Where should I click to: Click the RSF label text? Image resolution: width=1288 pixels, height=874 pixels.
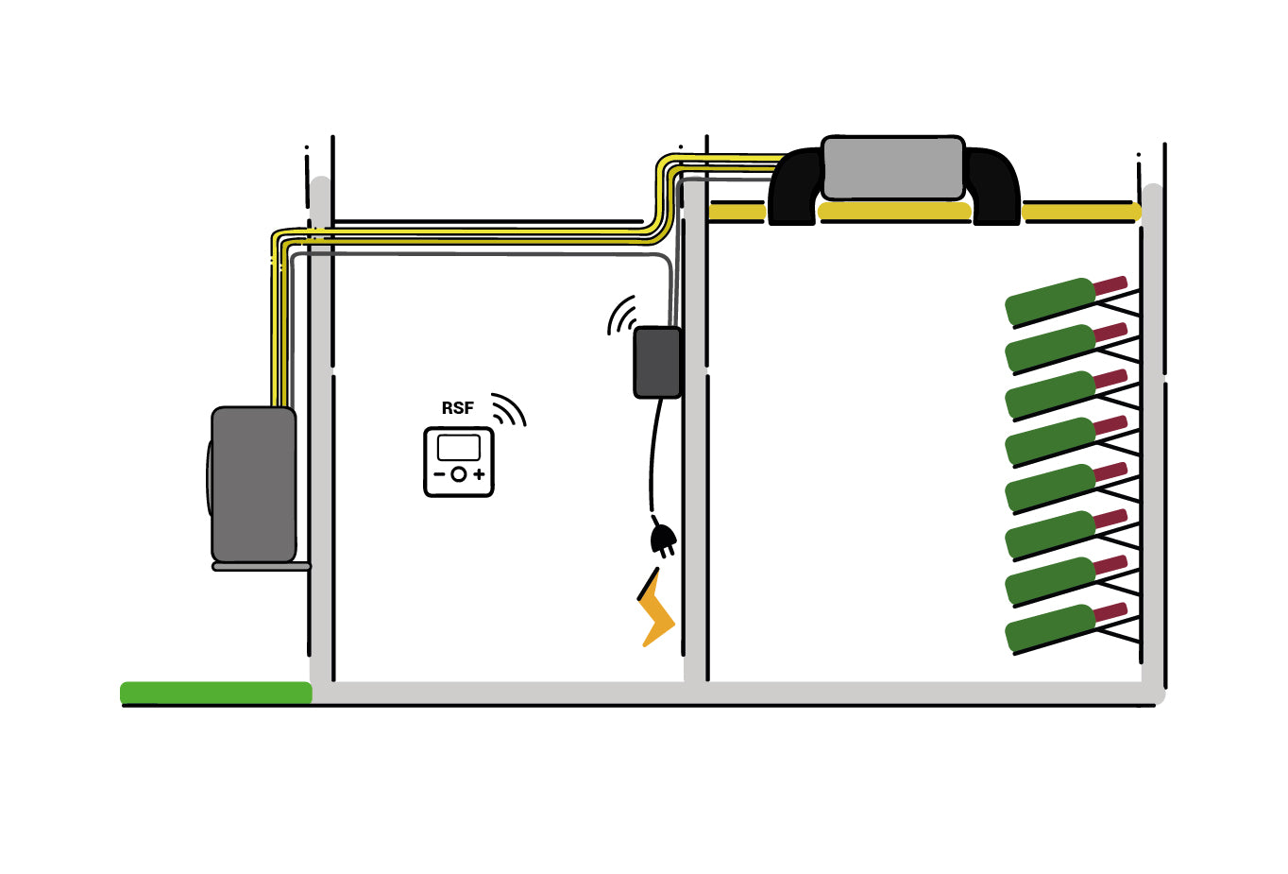click(457, 408)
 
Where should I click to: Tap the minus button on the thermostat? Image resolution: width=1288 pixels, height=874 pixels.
click(439, 474)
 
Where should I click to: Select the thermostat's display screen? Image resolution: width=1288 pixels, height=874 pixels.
click(459, 448)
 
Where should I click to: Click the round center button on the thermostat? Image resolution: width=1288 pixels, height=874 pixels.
click(459, 474)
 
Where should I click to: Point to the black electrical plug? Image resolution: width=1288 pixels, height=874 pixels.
click(663, 540)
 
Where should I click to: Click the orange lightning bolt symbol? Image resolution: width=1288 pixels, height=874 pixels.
click(656, 610)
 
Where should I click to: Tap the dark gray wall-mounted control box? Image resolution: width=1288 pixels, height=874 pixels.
click(657, 362)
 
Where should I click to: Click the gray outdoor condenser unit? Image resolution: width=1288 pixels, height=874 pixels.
click(253, 484)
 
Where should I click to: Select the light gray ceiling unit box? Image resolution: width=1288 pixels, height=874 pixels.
click(892, 168)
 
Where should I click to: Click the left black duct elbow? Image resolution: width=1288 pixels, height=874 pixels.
click(793, 189)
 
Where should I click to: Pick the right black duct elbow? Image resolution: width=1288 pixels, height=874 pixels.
click(993, 189)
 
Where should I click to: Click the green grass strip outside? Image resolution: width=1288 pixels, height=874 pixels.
click(216, 693)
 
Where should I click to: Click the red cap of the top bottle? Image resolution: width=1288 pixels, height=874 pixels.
click(1110, 284)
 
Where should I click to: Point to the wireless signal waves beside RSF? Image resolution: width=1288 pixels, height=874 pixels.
click(509, 410)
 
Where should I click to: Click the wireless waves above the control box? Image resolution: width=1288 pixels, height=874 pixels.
click(621, 316)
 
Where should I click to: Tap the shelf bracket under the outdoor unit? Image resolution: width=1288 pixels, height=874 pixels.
click(262, 567)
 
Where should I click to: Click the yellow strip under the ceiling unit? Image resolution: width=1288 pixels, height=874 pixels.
click(894, 212)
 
